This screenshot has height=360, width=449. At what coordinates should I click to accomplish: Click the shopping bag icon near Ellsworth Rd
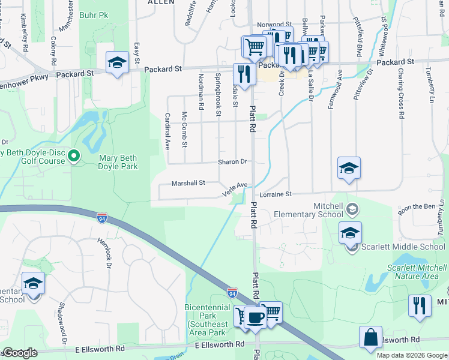pos(371,337)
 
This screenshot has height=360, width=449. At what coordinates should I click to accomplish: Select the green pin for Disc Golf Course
pos(74,157)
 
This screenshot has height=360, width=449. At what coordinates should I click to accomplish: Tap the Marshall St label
pos(188,182)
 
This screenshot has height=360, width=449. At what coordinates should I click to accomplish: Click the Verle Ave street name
pos(235,189)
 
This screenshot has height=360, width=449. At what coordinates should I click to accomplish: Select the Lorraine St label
pos(276,194)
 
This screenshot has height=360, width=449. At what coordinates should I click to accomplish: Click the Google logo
pos(20,353)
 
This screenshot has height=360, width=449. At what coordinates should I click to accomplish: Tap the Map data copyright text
pos(412,355)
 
